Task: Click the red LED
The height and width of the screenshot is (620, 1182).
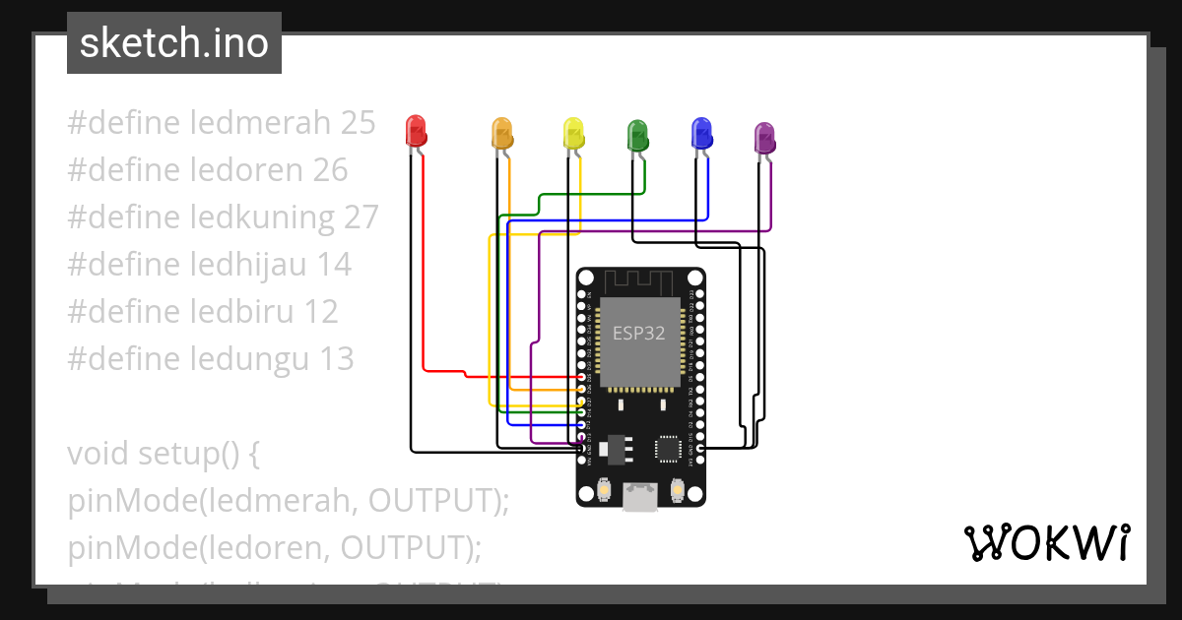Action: click(416, 131)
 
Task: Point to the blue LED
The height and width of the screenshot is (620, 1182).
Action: click(701, 133)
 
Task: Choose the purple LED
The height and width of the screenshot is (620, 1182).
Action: click(764, 138)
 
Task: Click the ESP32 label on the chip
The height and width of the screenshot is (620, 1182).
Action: click(638, 333)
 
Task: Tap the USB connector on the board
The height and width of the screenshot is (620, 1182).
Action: click(640, 498)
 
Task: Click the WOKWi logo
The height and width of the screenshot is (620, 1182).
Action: click(1046, 543)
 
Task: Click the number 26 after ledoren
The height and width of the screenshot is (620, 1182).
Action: click(330, 170)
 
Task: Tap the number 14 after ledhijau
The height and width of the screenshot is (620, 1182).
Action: click(334, 264)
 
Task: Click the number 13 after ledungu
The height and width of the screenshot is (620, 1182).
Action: click(336, 358)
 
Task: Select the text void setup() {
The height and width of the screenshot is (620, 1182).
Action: click(163, 455)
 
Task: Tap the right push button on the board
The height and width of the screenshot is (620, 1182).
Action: click(678, 489)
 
